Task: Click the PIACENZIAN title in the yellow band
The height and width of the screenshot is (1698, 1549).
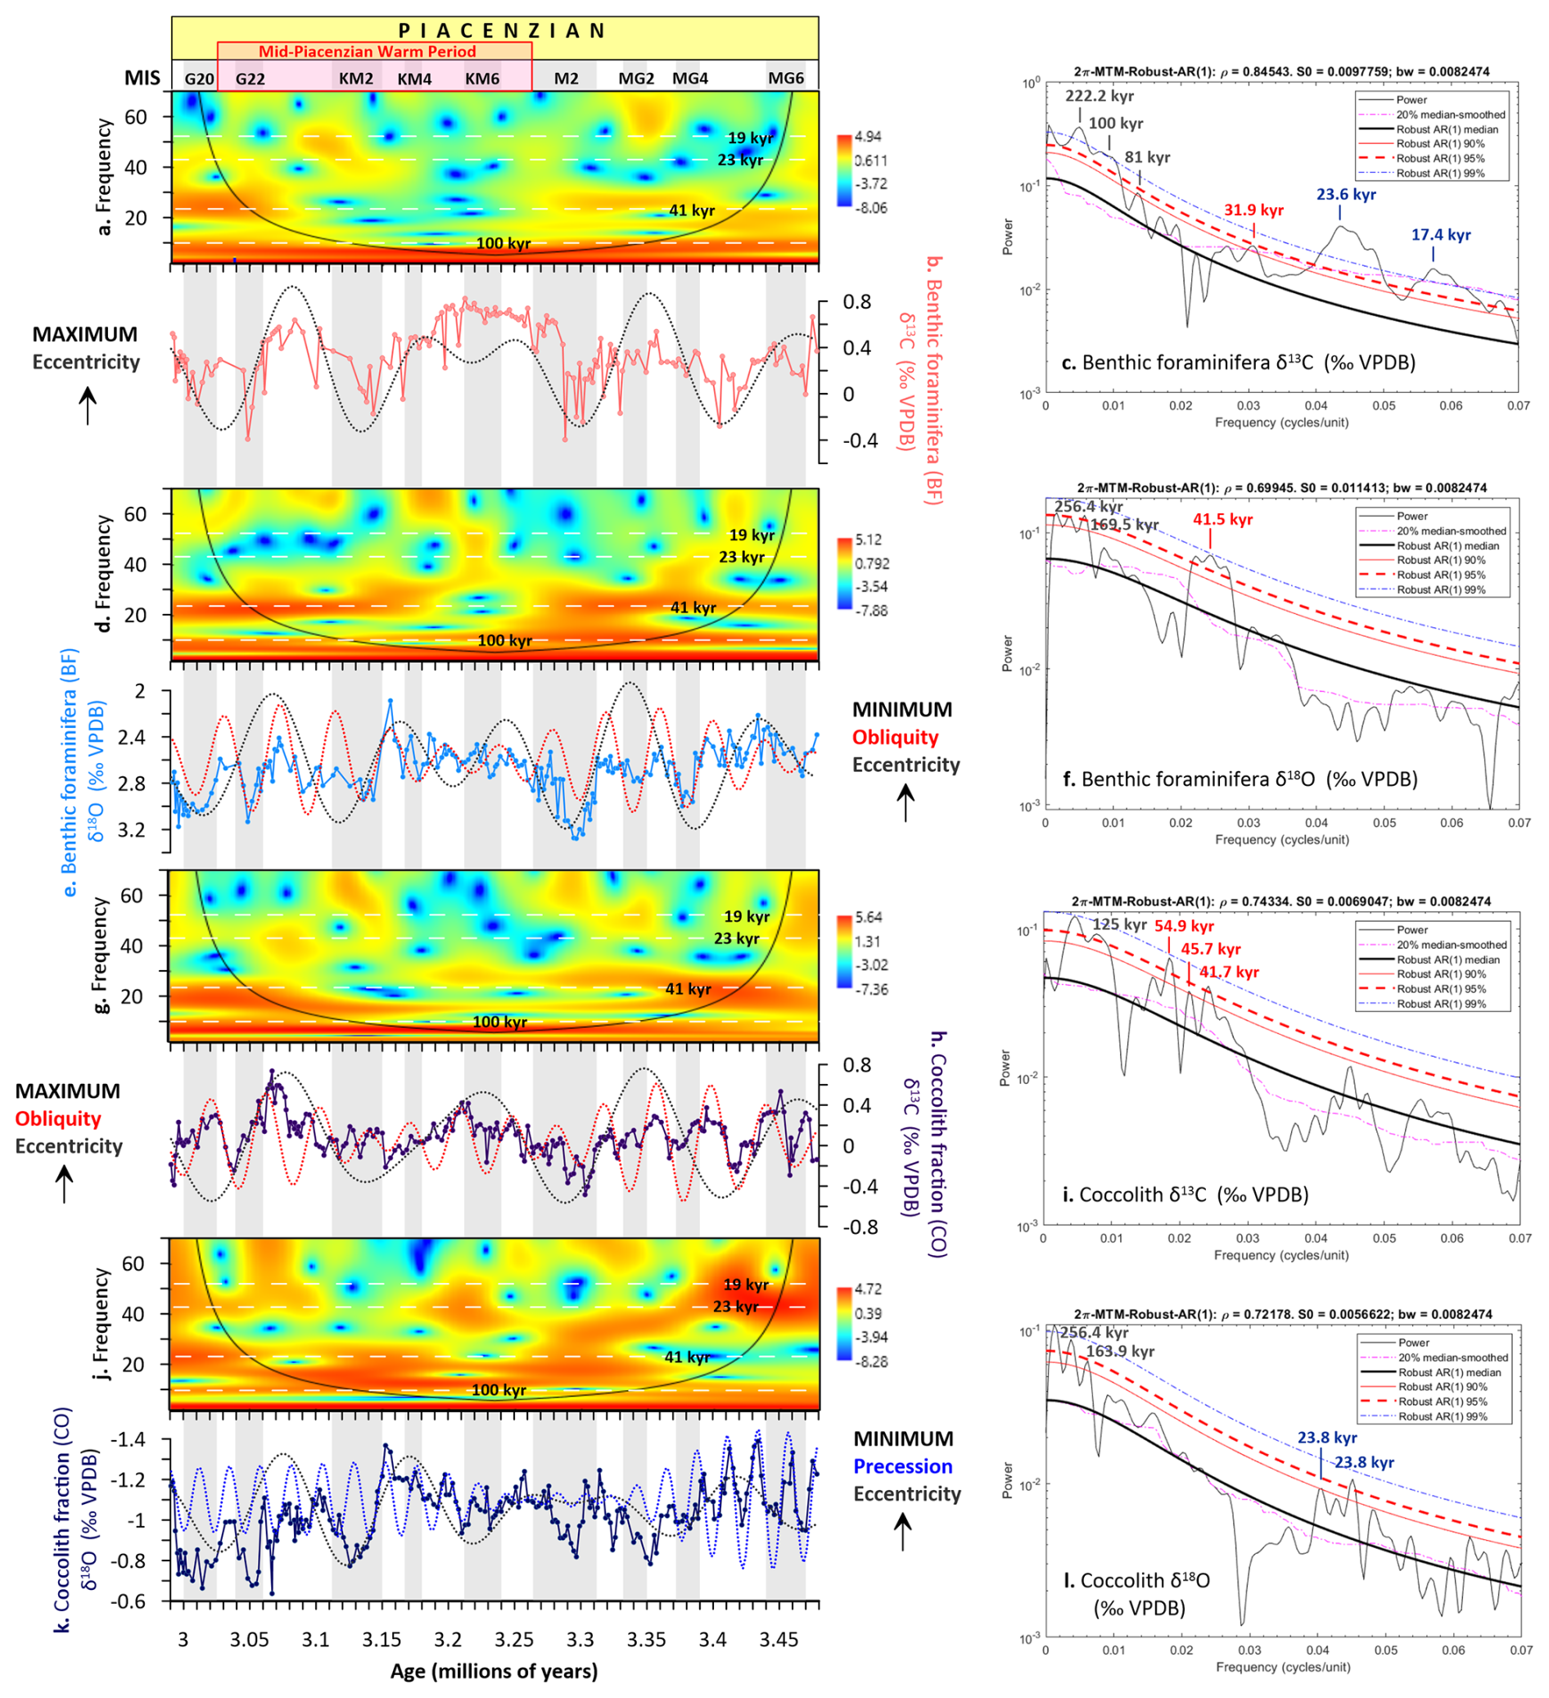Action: tap(502, 31)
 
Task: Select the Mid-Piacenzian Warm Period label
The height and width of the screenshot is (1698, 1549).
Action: tap(368, 52)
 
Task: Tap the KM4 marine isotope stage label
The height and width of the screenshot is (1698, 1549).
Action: tap(414, 79)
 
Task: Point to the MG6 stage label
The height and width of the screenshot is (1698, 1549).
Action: tap(786, 79)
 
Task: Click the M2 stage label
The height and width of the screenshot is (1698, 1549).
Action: tap(566, 79)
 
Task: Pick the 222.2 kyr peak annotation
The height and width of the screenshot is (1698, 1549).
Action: tap(1100, 96)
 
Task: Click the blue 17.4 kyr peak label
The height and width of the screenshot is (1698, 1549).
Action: tap(1441, 235)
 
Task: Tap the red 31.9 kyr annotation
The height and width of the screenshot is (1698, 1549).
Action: tap(1253, 210)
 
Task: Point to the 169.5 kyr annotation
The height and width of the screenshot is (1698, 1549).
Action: tap(1124, 525)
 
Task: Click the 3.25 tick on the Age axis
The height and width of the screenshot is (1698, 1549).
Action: tap(514, 1640)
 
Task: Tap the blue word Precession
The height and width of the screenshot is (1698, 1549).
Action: tap(903, 1466)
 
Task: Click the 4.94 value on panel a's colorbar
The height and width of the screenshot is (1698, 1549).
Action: tap(868, 138)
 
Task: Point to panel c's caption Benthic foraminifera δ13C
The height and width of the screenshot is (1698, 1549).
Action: tap(1249, 363)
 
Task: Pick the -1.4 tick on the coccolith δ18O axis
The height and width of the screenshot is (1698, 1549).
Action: tap(129, 1439)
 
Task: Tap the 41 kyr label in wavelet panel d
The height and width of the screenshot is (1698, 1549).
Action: tap(693, 607)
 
